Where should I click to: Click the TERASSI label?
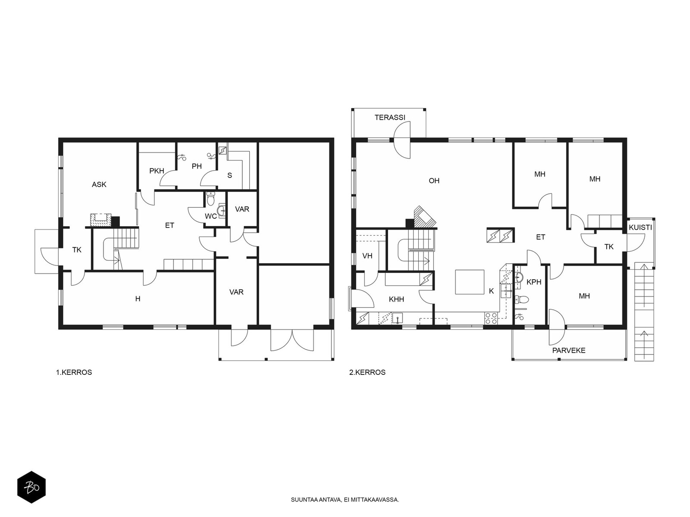coord(390,117)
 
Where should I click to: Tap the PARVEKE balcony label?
coord(569,351)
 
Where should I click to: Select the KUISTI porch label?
coord(640,227)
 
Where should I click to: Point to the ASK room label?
coord(99,184)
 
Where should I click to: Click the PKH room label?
coord(157,171)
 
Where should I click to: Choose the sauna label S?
coord(230,175)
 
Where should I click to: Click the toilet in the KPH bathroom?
coord(521,299)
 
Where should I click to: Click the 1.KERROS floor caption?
coord(74,373)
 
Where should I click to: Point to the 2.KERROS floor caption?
coord(367,373)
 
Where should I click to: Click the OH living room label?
coord(434,181)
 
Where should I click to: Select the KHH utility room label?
coord(396,299)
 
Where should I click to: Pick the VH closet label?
coord(367,256)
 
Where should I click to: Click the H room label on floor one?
coord(138,299)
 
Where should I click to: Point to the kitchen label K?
coord(491,291)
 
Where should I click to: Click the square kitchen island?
coord(470,282)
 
